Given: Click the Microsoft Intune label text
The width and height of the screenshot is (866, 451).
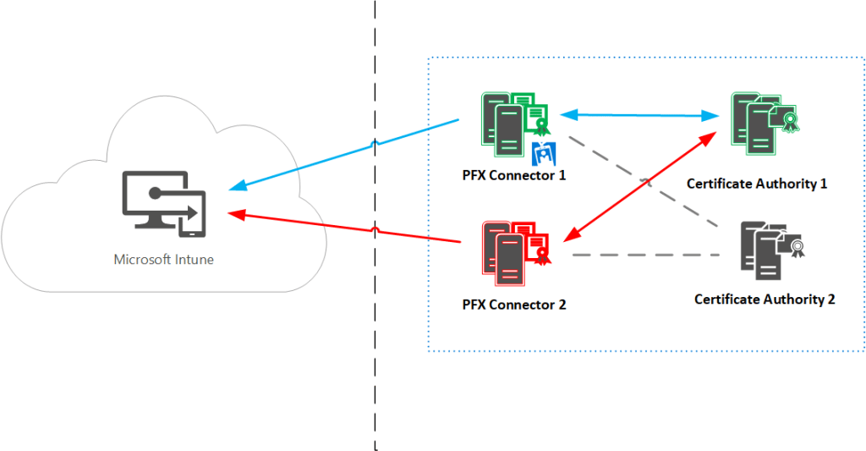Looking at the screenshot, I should [164, 260].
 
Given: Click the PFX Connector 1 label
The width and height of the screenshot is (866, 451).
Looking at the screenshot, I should [515, 176].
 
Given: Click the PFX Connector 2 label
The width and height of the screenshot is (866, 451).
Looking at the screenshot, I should [515, 305].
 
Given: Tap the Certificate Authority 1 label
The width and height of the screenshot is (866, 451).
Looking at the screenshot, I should [756, 183].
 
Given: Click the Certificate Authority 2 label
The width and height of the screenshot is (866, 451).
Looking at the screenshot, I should [765, 300].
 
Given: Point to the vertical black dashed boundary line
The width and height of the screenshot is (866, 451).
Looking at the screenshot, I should [375, 338].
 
